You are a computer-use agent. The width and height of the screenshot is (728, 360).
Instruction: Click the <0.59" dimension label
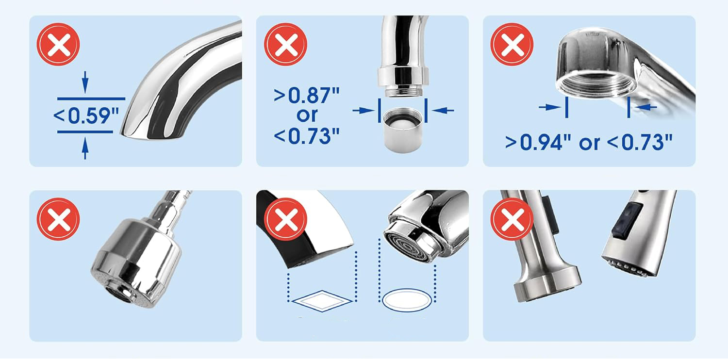point(86,115)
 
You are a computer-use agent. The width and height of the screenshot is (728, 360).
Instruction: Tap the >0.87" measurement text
point(307,95)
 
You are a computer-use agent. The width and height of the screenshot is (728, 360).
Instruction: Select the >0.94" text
point(538,142)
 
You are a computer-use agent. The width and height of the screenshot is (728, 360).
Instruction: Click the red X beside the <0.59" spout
point(58,45)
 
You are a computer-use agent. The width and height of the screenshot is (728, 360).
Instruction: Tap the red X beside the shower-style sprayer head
point(58,219)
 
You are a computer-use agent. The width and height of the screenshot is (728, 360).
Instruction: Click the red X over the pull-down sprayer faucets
point(512,219)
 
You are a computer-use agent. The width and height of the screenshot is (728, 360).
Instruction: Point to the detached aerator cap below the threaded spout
point(403,130)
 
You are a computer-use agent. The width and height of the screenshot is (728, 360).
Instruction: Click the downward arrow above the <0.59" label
point(85,82)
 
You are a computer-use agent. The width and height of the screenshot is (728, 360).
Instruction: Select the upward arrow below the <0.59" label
point(85,148)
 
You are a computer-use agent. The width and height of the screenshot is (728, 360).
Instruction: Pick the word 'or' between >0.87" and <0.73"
point(307,115)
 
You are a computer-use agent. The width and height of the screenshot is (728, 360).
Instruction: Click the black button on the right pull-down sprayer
point(626,221)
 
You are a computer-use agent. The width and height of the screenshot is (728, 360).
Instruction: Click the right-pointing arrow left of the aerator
point(364,111)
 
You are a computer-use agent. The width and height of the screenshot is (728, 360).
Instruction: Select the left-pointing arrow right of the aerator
point(443,111)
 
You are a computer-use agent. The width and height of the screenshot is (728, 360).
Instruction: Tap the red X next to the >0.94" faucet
point(512,45)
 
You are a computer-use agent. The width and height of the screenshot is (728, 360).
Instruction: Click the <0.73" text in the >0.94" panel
point(639,142)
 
